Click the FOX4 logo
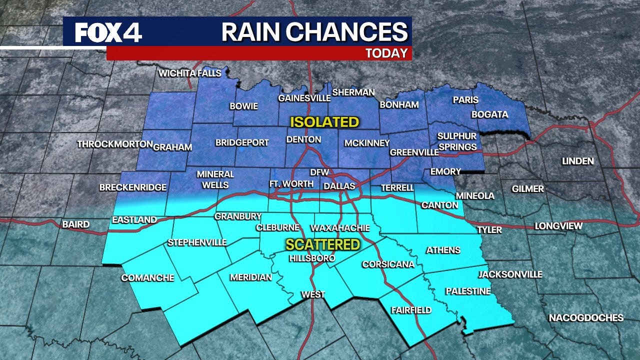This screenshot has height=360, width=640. pos(108,33)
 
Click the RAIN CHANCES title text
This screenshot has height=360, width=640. pos(314,32)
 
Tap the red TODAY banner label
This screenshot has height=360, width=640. pos(386,53)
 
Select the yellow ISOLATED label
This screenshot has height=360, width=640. pos(325,122)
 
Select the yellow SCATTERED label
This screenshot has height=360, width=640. pos(322,244)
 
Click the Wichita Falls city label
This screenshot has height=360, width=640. pos(189,73)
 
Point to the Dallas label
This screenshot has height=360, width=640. pos(338,186)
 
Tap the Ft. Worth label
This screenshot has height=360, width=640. pos(291,184)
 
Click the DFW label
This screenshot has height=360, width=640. pos(319,172)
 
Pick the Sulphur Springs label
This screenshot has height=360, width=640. pos(457,141)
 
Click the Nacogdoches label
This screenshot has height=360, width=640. pos(586,318)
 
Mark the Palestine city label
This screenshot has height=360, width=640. pos(468,291)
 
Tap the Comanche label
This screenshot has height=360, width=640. pos(147,278)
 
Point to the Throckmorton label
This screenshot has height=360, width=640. pos(114,144)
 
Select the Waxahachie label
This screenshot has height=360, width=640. pos(340,228)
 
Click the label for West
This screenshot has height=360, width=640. pos(313,294)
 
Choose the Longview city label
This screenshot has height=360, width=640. pos(558,226)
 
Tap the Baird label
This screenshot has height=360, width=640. pos(76,224)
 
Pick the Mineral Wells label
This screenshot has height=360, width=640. pos(215,179)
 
